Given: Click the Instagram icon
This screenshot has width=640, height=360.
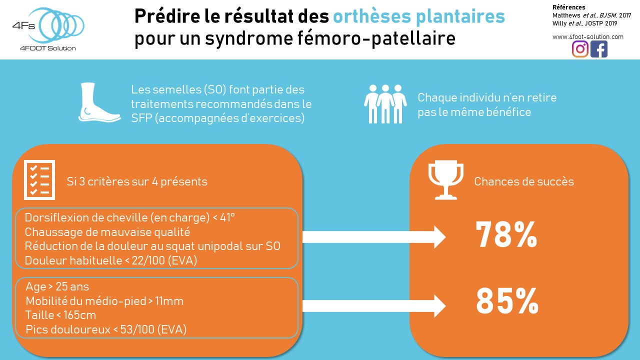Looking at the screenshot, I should tap(580, 49).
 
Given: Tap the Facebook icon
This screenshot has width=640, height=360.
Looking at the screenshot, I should tap(598, 49).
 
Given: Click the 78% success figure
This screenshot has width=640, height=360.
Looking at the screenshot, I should tap(506, 234).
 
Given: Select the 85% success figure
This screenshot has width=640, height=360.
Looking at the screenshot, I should tap(506, 300).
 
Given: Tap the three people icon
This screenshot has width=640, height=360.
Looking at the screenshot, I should tap(384, 103).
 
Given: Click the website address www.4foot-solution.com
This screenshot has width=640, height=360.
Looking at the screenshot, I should tap(587, 36).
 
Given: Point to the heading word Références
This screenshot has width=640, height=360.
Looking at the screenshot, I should tap(568, 7).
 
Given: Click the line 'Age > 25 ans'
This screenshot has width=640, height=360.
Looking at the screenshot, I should tap(57, 287).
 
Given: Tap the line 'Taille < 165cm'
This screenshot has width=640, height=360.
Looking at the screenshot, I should tap(60, 315).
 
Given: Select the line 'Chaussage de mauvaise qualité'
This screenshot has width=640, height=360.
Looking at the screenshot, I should tap(107, 232).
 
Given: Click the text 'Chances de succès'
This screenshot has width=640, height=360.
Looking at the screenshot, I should tap(523, 181).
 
